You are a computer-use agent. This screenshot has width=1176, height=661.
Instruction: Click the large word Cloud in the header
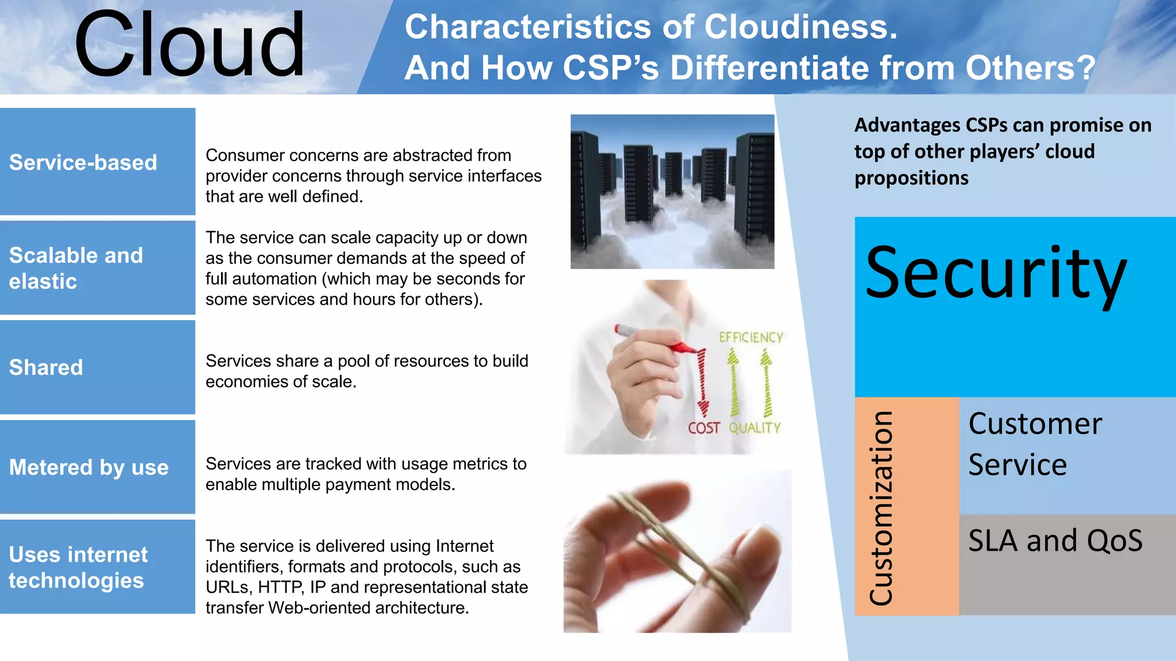(x=189, y=46)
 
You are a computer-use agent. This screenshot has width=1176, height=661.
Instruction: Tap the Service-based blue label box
(x=98, y=162)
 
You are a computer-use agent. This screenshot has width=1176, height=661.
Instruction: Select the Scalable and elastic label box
(x=98, y=268)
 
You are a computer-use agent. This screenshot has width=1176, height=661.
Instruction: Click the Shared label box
(x=98, y=367)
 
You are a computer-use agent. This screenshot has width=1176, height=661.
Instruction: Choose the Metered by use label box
(x=98, y=467)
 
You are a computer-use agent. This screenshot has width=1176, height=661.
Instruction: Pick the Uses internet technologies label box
(x=98, y=567)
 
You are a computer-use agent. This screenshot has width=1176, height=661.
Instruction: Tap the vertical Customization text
(x=881, y=508)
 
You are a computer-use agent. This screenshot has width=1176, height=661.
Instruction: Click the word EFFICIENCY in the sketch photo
(x=751, y=337)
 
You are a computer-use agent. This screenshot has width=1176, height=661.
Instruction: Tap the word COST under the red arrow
(x=703, y=428)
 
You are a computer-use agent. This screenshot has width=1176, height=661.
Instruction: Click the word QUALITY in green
(x=755, y=428)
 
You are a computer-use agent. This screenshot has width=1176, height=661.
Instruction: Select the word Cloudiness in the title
(x=800, y=27)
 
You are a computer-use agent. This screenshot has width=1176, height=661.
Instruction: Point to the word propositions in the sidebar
(x=911, y=178)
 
